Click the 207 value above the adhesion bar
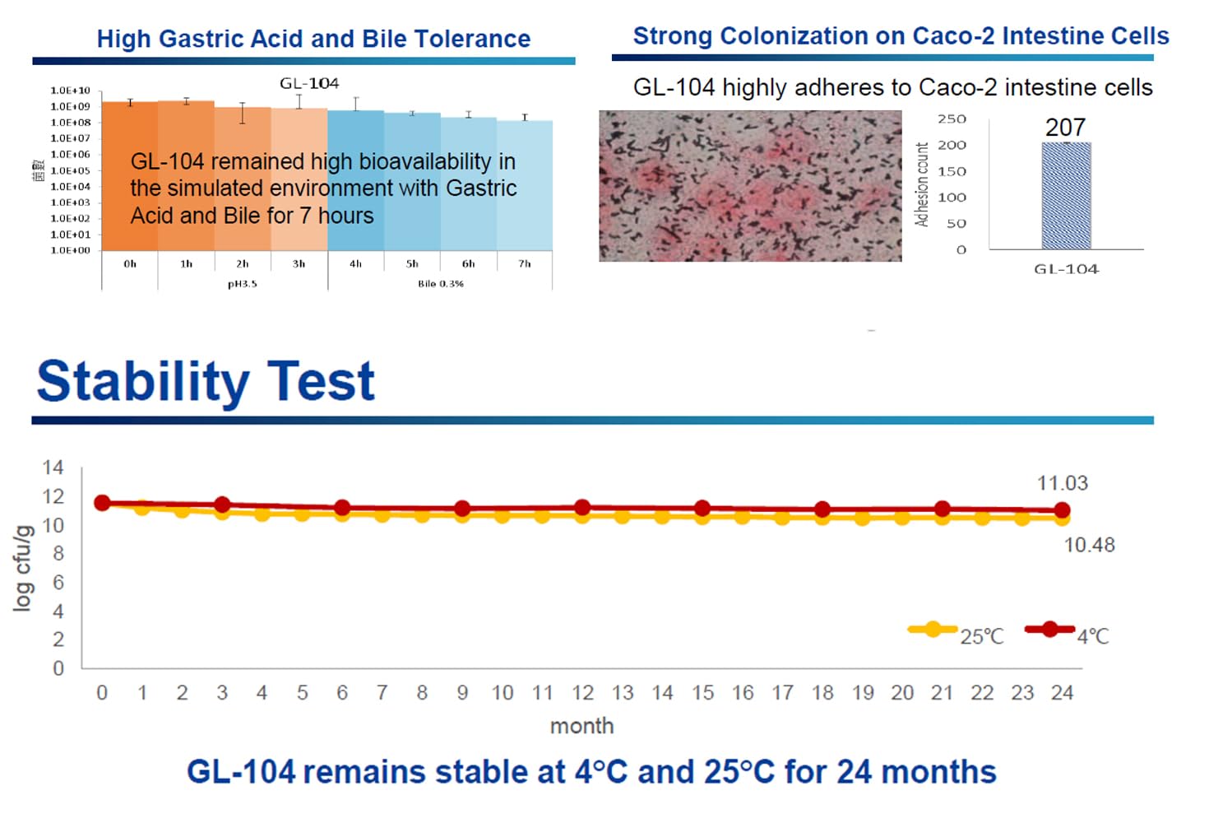pos(1065,128)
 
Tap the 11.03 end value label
pos(1062,483)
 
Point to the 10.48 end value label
pos(1089,545)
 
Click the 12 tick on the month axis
pos(582,693)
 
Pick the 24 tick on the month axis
pos(1062,693)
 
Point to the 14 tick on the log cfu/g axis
pos(53,467)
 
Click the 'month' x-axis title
pos(581,726)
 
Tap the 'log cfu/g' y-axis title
pos(23,568)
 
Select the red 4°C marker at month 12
pos(582,508)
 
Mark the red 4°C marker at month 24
pos(1062,510)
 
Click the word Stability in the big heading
pos(142,382)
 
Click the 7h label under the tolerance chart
pos(525,264)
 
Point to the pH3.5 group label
pos(243,284)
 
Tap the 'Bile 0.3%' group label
pos(441,284)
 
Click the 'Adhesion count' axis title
pos(922,184)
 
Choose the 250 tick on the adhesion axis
pos(952,119)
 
